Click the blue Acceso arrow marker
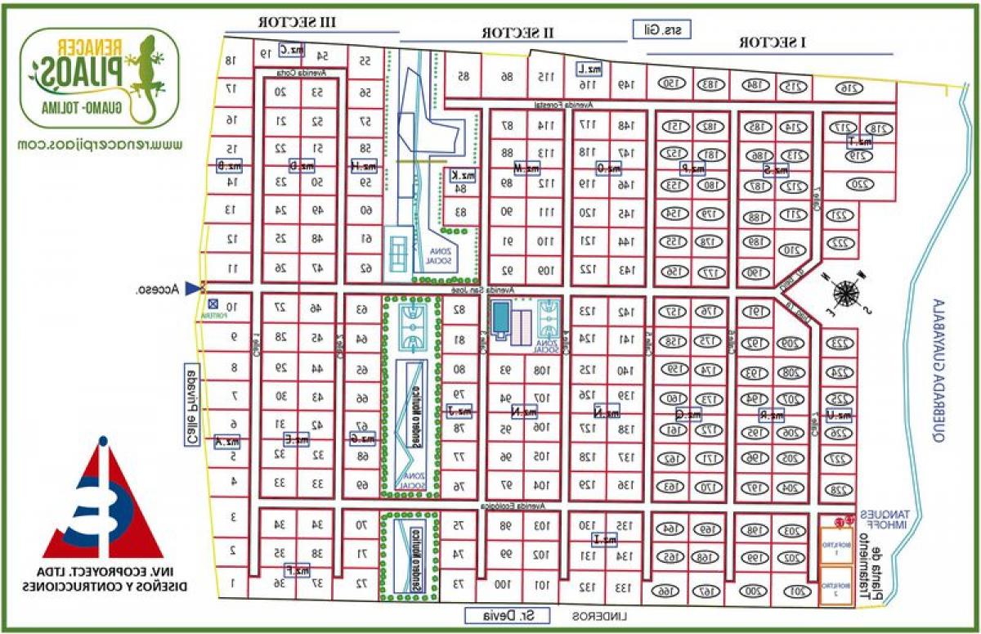point(193,288)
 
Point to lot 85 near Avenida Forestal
point(464,76)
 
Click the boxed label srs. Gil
point(662,29)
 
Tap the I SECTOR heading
point(771,41)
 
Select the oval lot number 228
point(840,489)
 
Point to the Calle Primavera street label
point(193,405)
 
